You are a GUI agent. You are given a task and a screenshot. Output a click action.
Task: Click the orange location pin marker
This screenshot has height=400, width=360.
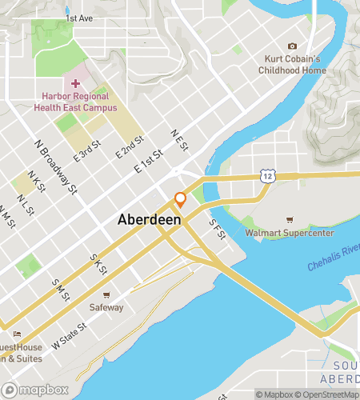[180, 200]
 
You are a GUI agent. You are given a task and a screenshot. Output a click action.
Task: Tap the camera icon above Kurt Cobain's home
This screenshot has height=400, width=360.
[292, 46]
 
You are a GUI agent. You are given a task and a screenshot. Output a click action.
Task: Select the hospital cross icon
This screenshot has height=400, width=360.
[76, 83]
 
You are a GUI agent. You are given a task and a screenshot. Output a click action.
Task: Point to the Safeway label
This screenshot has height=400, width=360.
[106, 306]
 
